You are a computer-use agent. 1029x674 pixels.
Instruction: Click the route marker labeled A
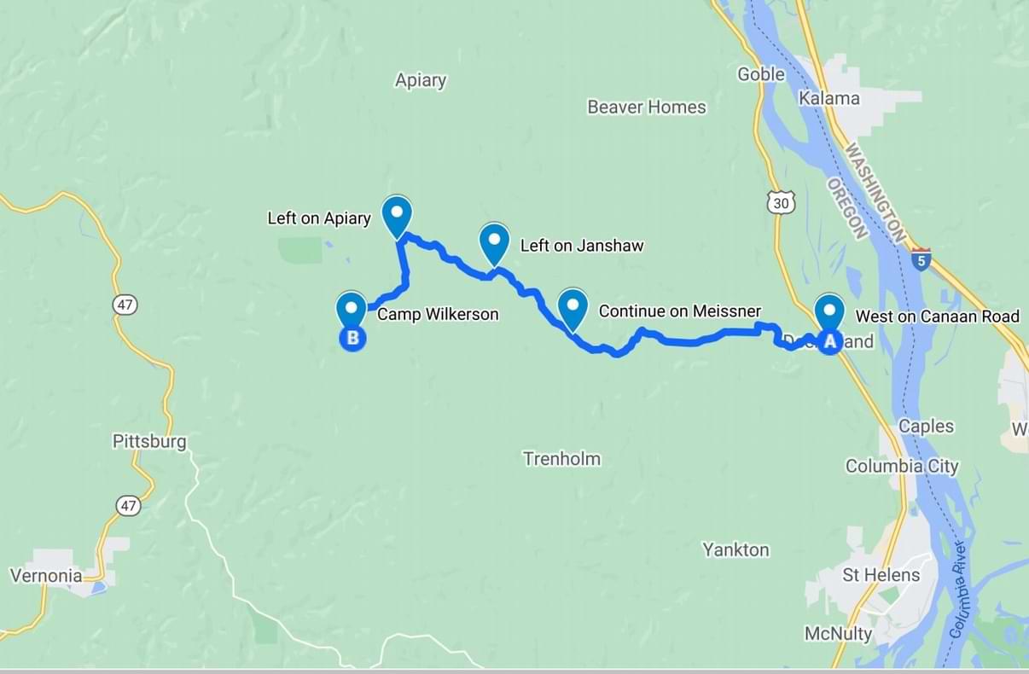point(829,340)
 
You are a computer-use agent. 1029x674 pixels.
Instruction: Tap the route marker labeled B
point(352,338)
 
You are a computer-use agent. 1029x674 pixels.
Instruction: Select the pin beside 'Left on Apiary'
point(396,216)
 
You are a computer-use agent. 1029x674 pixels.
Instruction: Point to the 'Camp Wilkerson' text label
point(438,315)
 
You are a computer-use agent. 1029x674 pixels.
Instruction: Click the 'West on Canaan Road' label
point(937,317)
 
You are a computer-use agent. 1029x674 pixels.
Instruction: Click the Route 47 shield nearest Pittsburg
point(128,506)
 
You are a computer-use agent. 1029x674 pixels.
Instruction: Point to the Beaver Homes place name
point(647,107)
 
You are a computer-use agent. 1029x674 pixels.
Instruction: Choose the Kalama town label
point(828,98)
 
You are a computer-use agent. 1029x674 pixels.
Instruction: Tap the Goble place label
point(761,74)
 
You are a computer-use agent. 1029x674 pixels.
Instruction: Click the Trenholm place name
point(561,459)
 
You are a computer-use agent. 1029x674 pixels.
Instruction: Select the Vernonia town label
point(46,575)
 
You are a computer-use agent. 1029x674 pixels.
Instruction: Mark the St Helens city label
point(881,575)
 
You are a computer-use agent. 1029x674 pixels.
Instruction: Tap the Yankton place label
point(735,549)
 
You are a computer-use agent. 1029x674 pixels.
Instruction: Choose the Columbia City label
point(902,466)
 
